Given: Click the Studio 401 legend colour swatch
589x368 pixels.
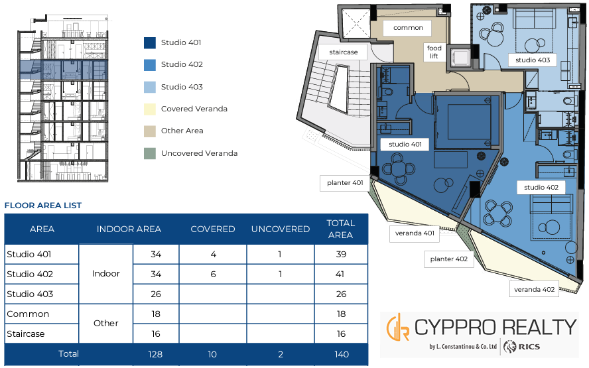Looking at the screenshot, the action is (x=150, y=43).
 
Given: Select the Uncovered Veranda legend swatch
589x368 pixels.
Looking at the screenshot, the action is (x=150, y=153).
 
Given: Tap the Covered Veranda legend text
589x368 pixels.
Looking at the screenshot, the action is (x=194, y=109).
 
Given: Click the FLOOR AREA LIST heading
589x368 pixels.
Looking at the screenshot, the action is (x=43, y=206).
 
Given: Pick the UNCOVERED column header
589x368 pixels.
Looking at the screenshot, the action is (x=281, y=229).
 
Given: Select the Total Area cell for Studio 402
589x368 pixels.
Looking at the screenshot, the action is (x=340, y=274).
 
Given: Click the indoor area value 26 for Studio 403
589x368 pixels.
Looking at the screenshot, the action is (x=156, y=294).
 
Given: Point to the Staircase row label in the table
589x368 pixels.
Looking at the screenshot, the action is (x=26, y=334).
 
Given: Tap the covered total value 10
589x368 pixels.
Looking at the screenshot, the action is (x=212, y=354).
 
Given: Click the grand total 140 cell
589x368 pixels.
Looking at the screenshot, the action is (x=342, y=354).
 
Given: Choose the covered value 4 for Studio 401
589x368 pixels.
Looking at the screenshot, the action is (x=214, y=254).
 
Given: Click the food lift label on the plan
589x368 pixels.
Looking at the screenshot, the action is (x=434, y=52).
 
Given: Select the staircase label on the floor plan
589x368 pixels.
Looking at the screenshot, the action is (x=344, y=52).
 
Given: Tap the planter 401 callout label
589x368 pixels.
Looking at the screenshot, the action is (x=345, y=183).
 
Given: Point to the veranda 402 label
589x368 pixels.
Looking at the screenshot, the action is (x=534, y=290).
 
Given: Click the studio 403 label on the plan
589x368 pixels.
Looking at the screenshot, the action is (x=533, y=60).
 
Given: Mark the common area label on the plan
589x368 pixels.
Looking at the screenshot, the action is (x=408, y=28).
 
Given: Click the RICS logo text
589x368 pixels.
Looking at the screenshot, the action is (x=529, y=347).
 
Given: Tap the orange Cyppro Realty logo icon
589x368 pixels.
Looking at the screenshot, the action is (x=398, y=328).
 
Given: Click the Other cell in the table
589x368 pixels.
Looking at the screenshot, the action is (x=106, y=324).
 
